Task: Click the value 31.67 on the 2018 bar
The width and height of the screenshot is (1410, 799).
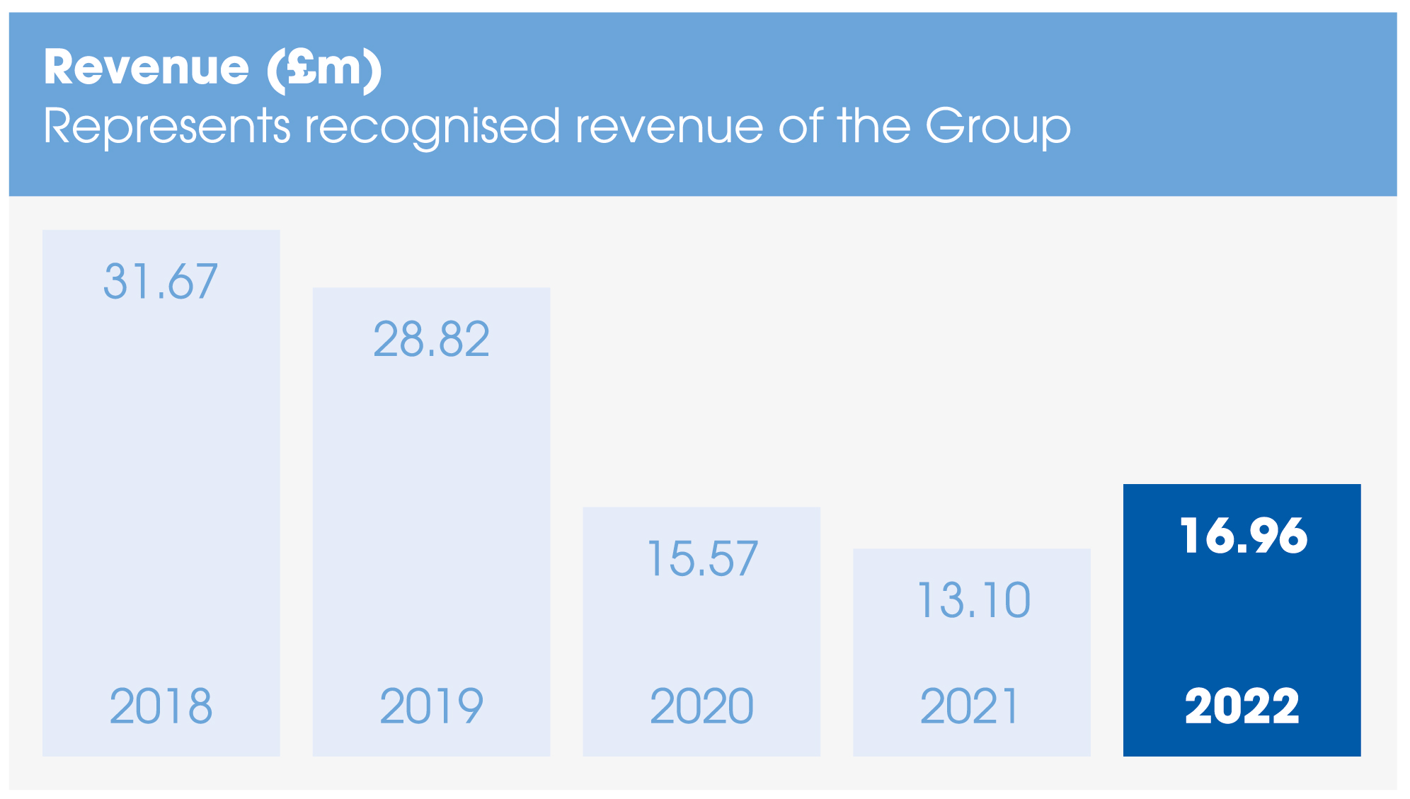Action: tap(161, 281)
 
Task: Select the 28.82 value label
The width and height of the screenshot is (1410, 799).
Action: tap(431, 339)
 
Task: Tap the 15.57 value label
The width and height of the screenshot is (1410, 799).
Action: tap(702, 558)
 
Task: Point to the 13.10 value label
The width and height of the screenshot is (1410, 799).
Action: tap(973, 600)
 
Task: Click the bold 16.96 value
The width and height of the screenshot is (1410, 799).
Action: tap(1243, 535)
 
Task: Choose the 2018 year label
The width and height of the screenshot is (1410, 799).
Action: tap(161, 706)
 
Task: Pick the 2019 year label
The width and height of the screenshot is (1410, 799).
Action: tap(431, 706)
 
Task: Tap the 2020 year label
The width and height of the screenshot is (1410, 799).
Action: tap(701, 706)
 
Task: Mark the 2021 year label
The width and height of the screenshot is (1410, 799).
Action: tap(969, 706)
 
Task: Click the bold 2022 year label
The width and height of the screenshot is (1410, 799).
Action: tap(1242, 706)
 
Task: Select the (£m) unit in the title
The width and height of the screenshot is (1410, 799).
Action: tap(324, 69)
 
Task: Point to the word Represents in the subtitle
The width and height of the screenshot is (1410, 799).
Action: tap(167, 127)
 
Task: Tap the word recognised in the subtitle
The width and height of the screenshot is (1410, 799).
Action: tap(432, 127)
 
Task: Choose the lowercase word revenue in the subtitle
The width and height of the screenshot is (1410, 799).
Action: tap(669, 127)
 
